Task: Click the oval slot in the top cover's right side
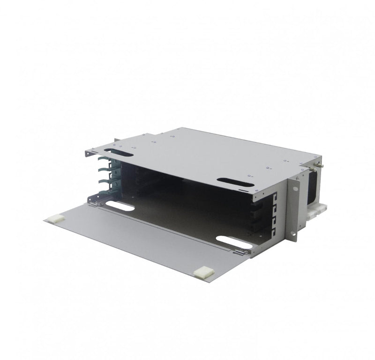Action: pos(236,182)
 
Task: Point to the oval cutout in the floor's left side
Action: pos(120,206)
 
